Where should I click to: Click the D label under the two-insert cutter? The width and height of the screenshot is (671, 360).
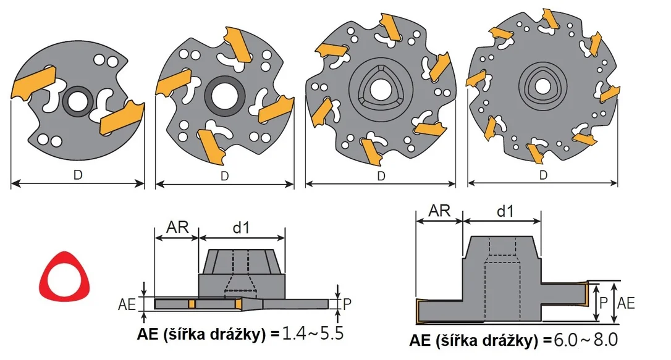coord(77,175)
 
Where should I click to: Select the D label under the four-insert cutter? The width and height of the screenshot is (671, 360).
coord(225,176)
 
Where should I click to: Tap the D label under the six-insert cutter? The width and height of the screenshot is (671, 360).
coord(381,176)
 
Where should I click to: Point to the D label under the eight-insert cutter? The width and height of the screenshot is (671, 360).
coord(543,175)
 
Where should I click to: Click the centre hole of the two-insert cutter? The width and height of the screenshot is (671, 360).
coord(77,101)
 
